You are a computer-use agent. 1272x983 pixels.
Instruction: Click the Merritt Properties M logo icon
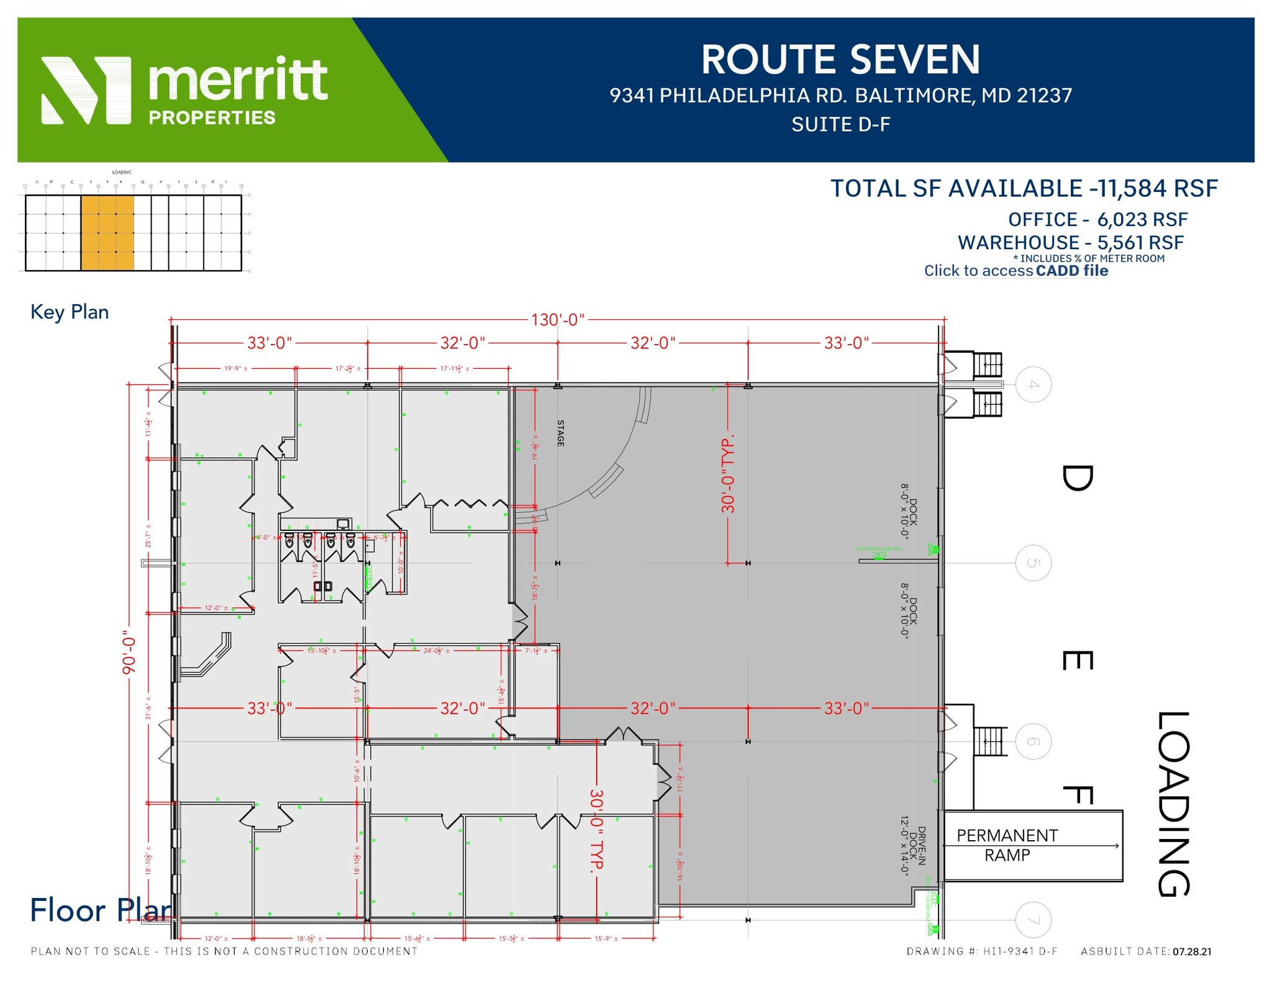(x=86, y=91)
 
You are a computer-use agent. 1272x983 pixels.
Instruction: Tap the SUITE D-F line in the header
(x=840, y=125)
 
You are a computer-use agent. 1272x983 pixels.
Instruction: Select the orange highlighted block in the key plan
(x=107, y=233)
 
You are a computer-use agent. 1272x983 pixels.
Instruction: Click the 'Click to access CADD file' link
(x=1015, y=271)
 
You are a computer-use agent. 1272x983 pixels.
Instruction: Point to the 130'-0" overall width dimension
(x=557, y=320)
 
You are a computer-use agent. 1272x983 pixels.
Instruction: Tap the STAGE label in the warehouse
(x=560, y=433)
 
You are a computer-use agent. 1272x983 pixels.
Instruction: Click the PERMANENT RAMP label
(x=1007, y=845)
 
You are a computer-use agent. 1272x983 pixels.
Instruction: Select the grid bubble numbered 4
(x=1033, y=385)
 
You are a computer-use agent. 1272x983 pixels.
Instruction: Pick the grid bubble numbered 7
(x=1033, y=920)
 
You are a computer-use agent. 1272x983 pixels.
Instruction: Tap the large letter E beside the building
(x=1077, y=660)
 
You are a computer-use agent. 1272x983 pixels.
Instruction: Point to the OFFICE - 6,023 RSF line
(x=1097, y=220)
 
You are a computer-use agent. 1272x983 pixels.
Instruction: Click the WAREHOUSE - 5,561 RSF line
(x=1070, y=243)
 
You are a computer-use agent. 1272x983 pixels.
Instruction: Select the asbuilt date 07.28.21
(x=1192, y=952)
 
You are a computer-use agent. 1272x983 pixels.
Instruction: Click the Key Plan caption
(x=70, y=312)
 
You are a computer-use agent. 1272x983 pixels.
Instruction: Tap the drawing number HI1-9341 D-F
(x=1020, y=952)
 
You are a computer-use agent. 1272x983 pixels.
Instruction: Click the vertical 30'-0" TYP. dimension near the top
(x=728, y=473)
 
